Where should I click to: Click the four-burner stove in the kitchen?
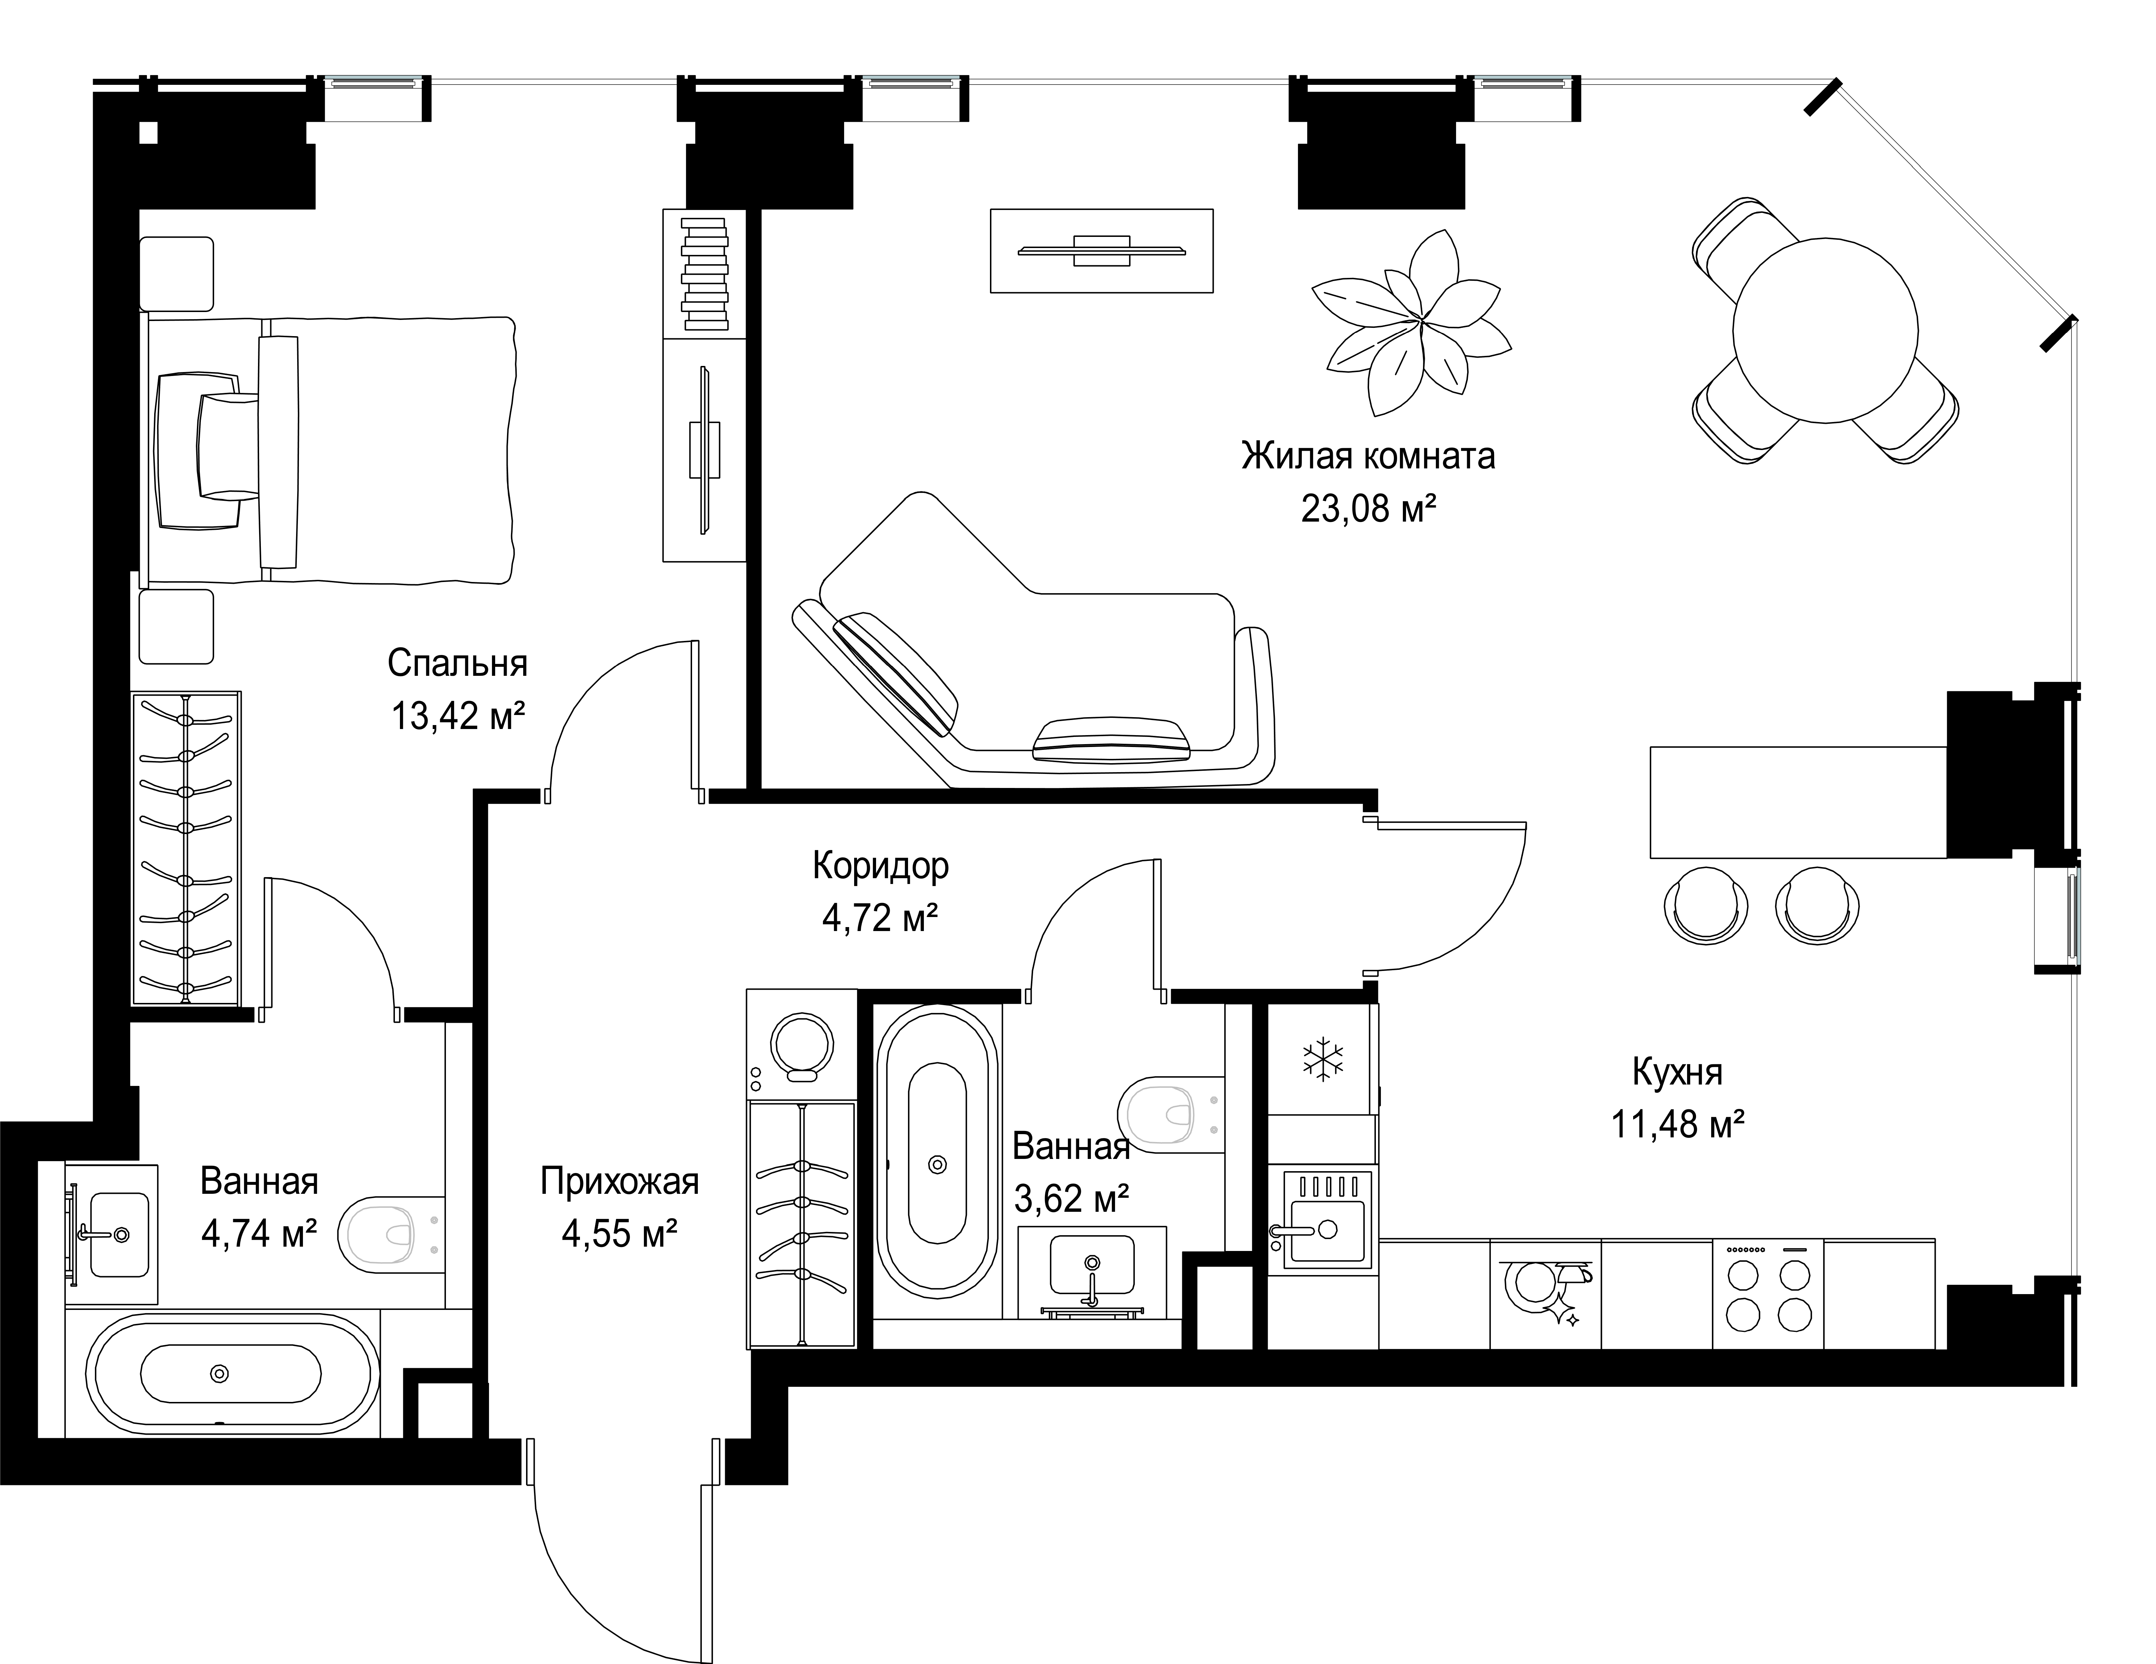tap(1768, 1294)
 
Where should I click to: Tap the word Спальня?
tap(457, 664)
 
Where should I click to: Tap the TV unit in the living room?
tap(1102, 251)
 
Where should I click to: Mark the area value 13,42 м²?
tap(457, 716)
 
